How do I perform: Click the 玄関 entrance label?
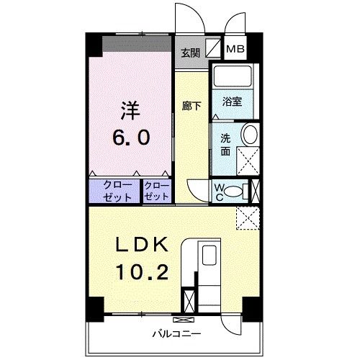pyautogui.click(x=189, y=52)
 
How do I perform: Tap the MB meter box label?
pyautogui.click(x=235, y=50)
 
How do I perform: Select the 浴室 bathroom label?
pyautogui.click(x=231, y=102)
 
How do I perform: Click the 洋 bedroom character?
pyautogui.click(x=130, y=111)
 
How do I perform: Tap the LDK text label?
pyautogui.click(x=142, y=244)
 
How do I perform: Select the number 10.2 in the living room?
pyautogui.click(x=142, y=272)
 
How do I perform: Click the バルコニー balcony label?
pyautogui.click(x=176, y=333)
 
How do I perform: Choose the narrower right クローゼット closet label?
pyautogui.click(x=156, y=191)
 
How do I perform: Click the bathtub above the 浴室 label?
pyautogui.click(x=231, y=77)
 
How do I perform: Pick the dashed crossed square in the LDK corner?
pyautogui.click(x=248, y=217)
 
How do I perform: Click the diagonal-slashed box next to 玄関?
pyautogui.click(x=213, y=50)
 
